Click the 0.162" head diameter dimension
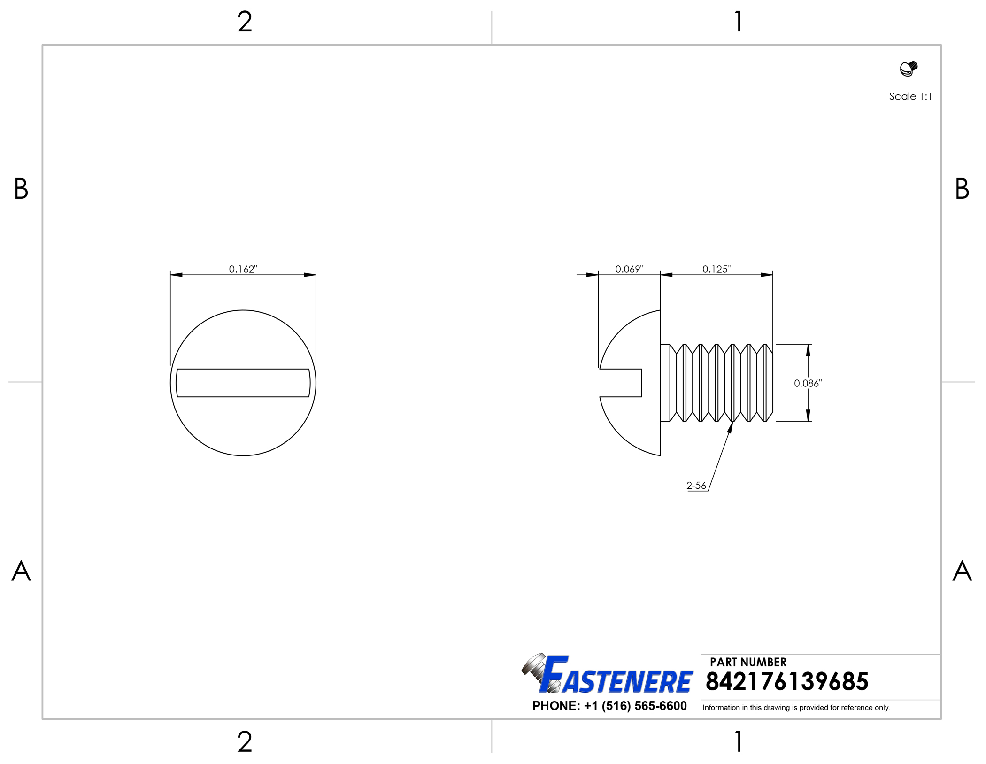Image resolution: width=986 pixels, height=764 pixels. click(x=243, y=269)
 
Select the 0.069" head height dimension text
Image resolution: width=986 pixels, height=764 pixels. click(x=629, y=269)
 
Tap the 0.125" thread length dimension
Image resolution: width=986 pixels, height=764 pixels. click(x=716, y=269)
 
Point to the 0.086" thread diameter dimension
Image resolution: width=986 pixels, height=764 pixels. click(x=808, y=383)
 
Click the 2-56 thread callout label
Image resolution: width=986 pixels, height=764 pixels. click(x=696, y=486)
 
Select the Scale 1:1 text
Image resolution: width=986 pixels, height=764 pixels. click(x=910, y=96)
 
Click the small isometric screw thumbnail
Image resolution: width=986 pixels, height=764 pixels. click(x=908, y=69)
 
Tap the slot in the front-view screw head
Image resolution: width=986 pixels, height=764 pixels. click(x=243, y=383)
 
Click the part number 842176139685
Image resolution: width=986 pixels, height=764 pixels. click(x=786, y=681)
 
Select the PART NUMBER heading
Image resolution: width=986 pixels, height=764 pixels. click(x=747, y=662)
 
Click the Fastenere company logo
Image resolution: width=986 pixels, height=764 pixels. click(x=608, y=675)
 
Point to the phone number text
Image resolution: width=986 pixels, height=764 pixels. click(x=609, y=706)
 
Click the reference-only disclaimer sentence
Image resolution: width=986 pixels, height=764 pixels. click(x=796, y=708)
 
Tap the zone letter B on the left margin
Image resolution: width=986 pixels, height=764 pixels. click(x=21, y=189)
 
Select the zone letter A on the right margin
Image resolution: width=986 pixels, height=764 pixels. click(x=962, y=571)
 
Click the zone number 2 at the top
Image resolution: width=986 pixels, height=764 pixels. click(x=244, y=22)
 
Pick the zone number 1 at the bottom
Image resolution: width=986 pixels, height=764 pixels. click(x=739, y=742)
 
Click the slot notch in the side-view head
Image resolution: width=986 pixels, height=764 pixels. click(x=621, y=383)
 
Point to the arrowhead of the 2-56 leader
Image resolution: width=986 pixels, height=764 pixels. click(x=731, y=426)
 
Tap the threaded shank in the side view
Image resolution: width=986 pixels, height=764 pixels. click(x=718, y=383)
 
